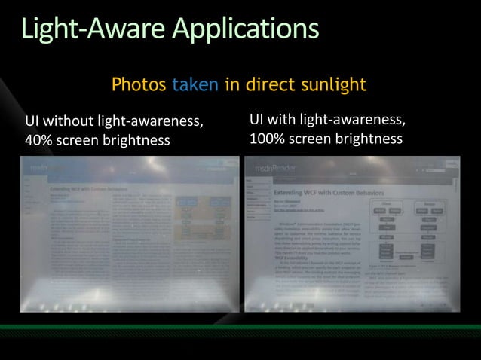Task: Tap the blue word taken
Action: point(195,84)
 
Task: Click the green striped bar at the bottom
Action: point(240,328)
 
